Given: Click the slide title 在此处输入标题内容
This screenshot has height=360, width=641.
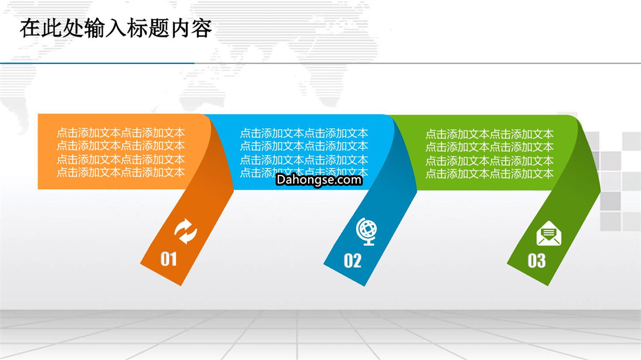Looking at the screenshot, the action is (x=116, y=28).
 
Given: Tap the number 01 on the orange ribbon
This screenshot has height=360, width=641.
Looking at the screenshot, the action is (x=169, y=259).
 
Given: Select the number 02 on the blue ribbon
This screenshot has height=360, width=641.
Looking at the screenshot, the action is (x=353, y=261).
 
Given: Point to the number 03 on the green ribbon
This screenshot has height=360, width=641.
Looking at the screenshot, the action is (x=537, y=261).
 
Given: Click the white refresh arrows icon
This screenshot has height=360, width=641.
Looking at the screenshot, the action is (x=186, y=231).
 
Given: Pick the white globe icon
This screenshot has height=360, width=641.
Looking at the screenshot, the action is (x=367, y=232).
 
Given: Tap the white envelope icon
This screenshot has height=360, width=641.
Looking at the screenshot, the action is (x=548, y=233).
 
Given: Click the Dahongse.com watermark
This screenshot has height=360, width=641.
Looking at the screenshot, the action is (x=319, y=180).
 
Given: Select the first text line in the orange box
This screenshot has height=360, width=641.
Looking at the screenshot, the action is (x=120, y=133).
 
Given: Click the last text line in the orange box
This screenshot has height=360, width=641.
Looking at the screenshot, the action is (x=120, y=172).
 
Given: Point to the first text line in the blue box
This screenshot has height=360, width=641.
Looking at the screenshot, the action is (x=304, y=133).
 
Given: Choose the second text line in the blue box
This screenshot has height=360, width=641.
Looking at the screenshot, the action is (x=304, y=146).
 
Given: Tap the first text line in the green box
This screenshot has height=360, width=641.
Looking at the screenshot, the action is (x=489, y=134).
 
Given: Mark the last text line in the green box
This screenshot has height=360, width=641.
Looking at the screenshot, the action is (x=489, y=174).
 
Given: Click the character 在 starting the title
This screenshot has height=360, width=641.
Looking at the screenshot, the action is (x=30, y=28).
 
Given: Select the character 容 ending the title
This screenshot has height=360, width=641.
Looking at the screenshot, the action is (x=202, y=28).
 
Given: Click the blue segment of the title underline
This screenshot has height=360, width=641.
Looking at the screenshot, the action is (x=97, y=63).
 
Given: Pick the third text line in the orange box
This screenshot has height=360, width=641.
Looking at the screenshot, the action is (x=120, y=160).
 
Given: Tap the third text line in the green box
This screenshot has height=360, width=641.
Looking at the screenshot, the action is (x=489, y=161).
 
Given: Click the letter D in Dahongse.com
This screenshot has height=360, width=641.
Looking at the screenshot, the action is (x=280, y=179).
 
